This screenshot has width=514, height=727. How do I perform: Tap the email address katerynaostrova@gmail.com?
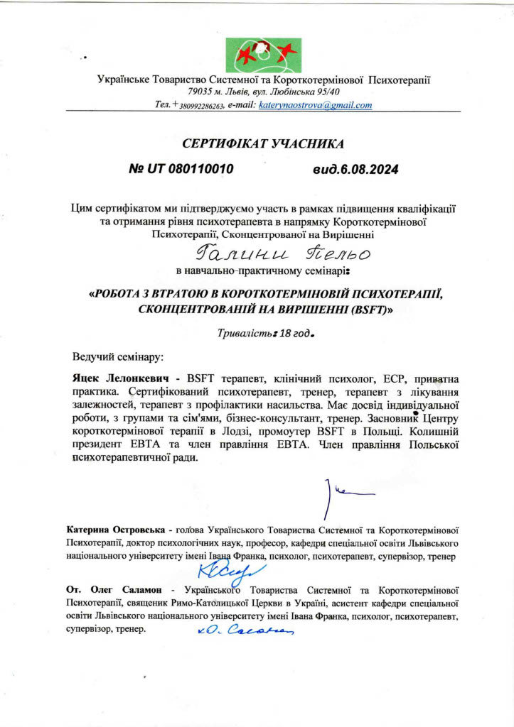315,105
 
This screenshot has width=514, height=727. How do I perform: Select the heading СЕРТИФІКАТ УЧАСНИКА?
263,143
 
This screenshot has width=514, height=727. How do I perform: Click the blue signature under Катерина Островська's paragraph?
221,569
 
